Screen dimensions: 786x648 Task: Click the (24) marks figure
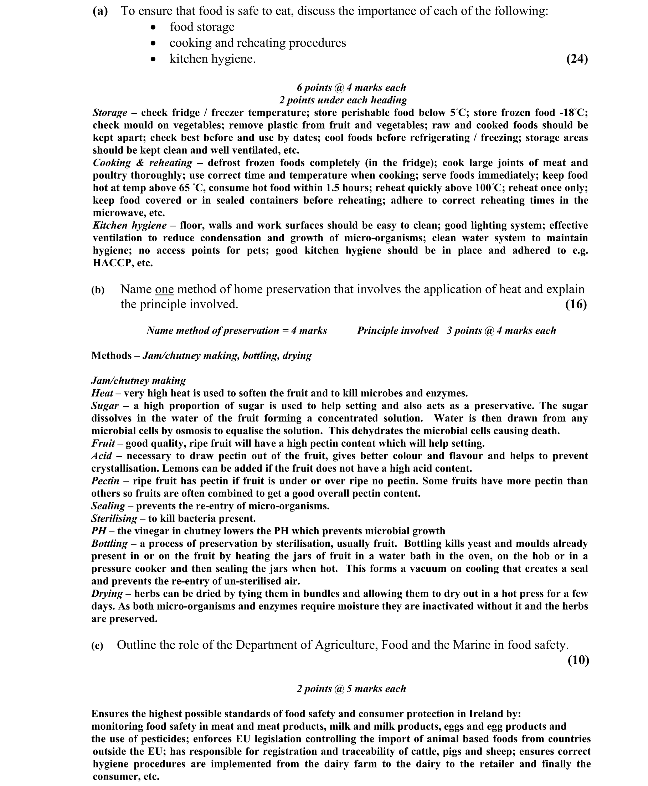[x=577, y=59]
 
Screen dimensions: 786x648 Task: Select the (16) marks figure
[x=576, y=304]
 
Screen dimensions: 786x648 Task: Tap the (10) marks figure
[x=578, y=660]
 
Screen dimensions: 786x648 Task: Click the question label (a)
[x=100, y=11]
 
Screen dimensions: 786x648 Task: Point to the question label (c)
[x=97, y=646]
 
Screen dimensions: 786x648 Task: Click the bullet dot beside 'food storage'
[x=153, y=27]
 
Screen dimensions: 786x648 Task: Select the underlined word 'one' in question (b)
[x=164, y=289]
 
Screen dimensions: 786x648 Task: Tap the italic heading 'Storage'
[x=110, y=113]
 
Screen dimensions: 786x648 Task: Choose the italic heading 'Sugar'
[x=105, y=406]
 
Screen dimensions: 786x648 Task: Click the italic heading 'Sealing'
[x=108, y=506]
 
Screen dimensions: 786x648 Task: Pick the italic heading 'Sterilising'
[x=114, y=519]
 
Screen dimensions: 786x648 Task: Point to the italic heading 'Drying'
[x=107, y=594]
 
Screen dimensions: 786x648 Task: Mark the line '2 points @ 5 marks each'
[x=351, y=689]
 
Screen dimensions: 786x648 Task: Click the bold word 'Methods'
[x=111, y=356]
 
